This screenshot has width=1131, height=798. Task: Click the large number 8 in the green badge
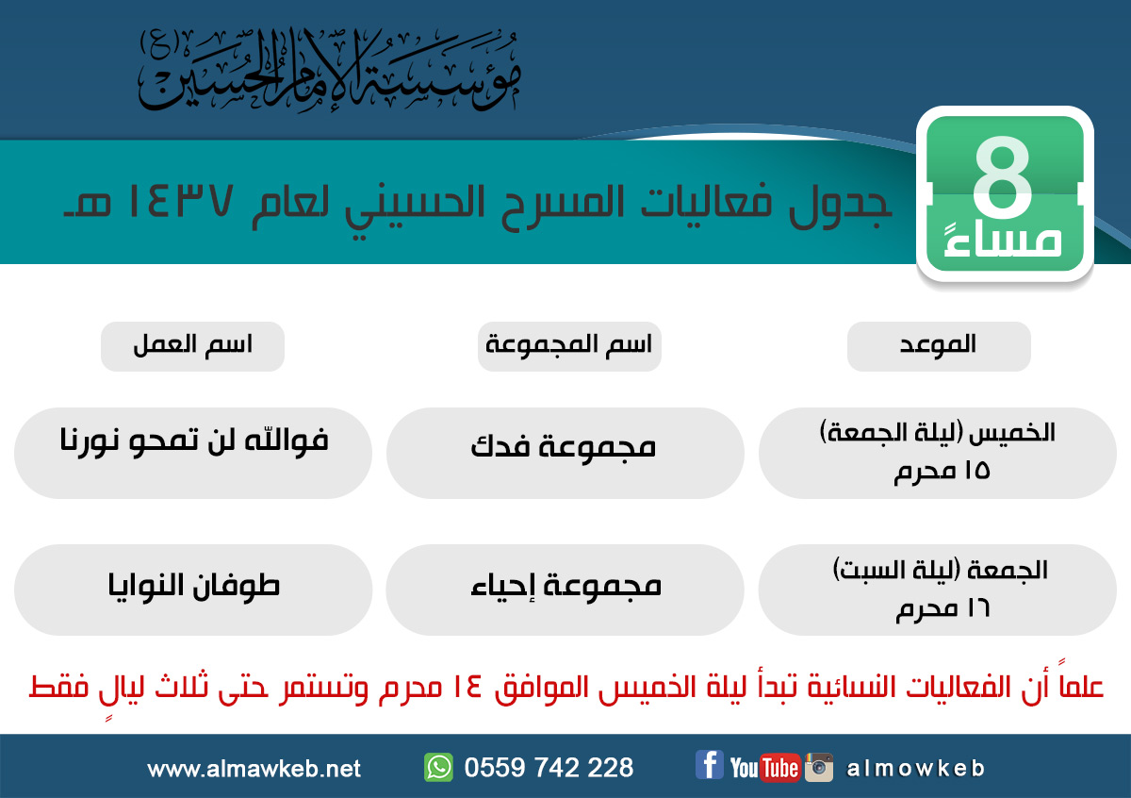pyautogui.click(x=1003, y=176)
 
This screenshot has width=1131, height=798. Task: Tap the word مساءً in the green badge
pyautogui.click(x=1003, y=241)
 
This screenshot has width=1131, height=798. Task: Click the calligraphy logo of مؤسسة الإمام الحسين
pyautogui.click(x=330, y=69)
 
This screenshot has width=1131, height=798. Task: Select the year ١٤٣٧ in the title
pyautogui.click(x=180, y=201)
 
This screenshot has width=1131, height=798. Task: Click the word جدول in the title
pyautogui.click(x=840, y=206)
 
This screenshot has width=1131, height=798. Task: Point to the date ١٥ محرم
pyautogui.click(x=942, y=472)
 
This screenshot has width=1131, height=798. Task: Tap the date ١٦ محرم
pyautogui.click(x=942, y=609)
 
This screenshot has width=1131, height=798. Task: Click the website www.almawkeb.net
pyautogui.click(x=254, y=769)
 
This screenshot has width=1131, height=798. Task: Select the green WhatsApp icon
pyautogui.click(x=438, y=767)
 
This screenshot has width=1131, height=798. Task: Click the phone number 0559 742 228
pyautogui.click(x=549, y=767)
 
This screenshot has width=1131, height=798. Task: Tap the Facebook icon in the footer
pyautogui.click(x=709, y=765)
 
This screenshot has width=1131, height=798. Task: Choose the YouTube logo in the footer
pyautogui.click(x=765, y=768)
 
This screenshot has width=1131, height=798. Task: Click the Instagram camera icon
pyautogui.click(x=819, y=767)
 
